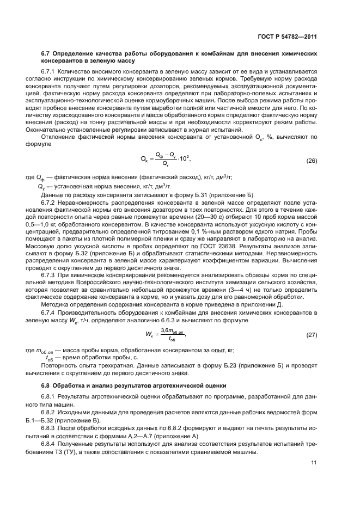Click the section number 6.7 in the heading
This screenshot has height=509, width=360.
coord(46,54)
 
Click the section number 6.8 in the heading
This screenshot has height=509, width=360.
coord(46,385)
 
